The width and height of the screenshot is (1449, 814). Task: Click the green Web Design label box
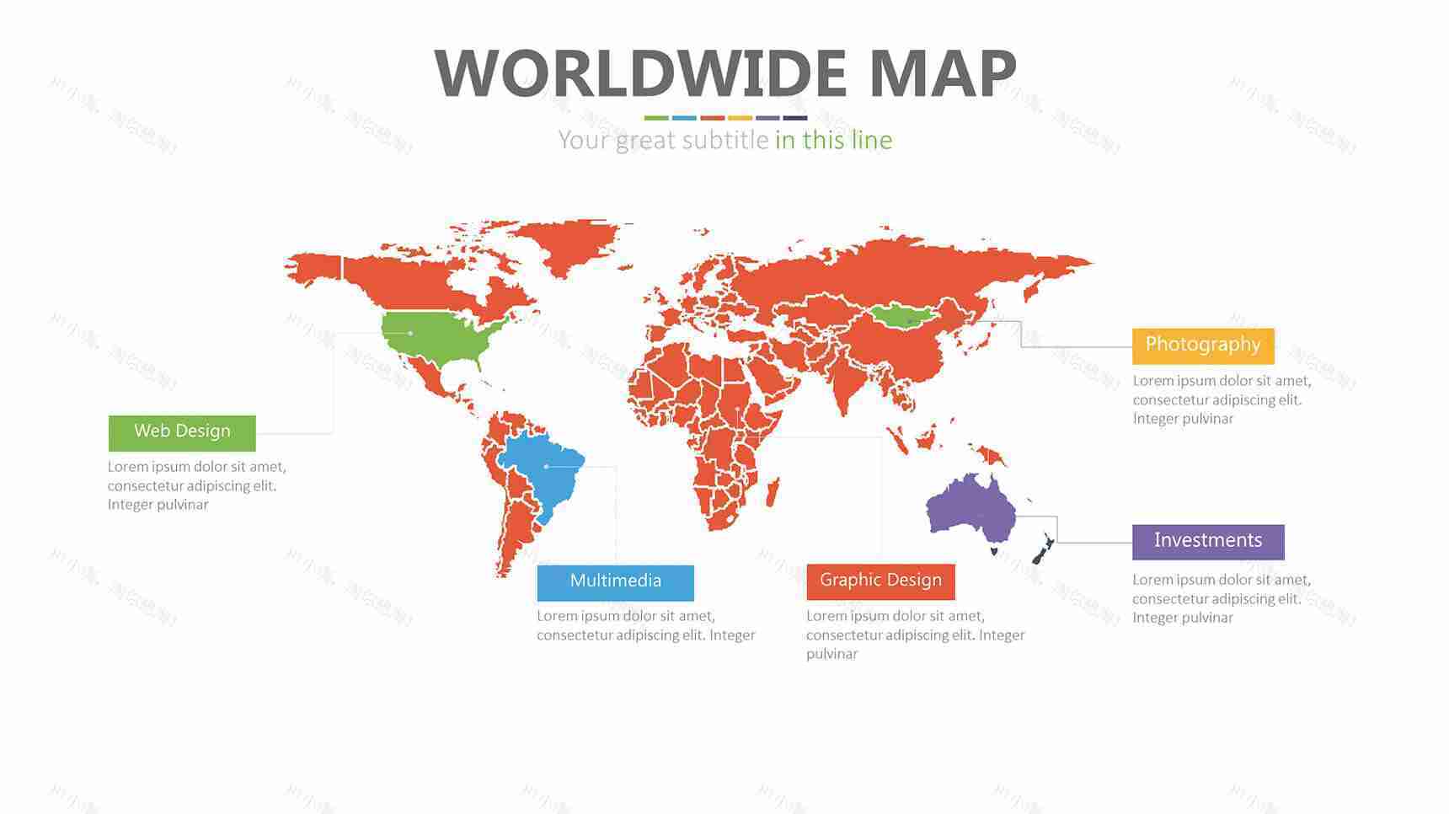pos(182,432)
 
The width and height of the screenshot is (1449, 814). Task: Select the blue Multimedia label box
pos(615,582)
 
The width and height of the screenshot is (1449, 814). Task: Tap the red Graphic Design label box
pos(880,581)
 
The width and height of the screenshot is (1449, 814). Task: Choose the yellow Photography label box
pos(1202,345)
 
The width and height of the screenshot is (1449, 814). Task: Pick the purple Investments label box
pos(1207,542)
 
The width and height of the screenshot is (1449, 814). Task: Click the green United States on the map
pos(430,335)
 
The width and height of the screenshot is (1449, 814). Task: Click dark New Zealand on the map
pos(1043,549)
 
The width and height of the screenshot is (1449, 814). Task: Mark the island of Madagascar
pos(773,492)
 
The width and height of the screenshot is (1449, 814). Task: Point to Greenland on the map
pos(573,244)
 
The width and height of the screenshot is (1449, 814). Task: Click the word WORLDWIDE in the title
pos(640,74)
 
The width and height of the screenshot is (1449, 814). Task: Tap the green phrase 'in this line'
pos(833,140)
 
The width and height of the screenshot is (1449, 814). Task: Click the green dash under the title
pos(656,118)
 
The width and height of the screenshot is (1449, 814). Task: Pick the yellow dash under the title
pos(740,118)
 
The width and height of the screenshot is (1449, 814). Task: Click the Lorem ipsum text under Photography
pos(1222,400)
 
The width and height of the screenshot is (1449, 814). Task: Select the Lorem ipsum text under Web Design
pos(196,486)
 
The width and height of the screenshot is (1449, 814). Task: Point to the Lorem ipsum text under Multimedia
pos(645,626)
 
